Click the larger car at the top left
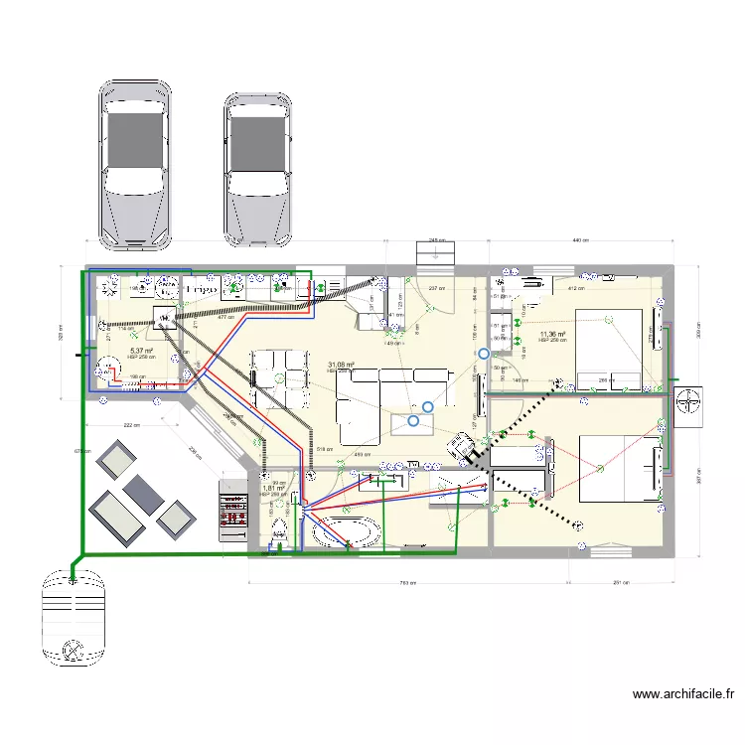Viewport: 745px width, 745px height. [x=135, y=164]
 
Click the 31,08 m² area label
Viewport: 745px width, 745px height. [x=341, y=365]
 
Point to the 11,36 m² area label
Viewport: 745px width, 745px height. [x=552, y=335]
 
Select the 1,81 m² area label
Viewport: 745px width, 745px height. [x=273, y=489]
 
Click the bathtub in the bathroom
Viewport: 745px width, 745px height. [x=347, y=532]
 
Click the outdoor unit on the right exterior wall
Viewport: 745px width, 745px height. [x=687, y=402]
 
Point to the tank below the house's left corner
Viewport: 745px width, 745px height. [x=73, y=617]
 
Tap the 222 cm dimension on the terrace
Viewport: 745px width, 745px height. [x=131, y=424]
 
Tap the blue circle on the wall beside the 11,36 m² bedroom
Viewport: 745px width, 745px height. [x=484, y=353]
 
